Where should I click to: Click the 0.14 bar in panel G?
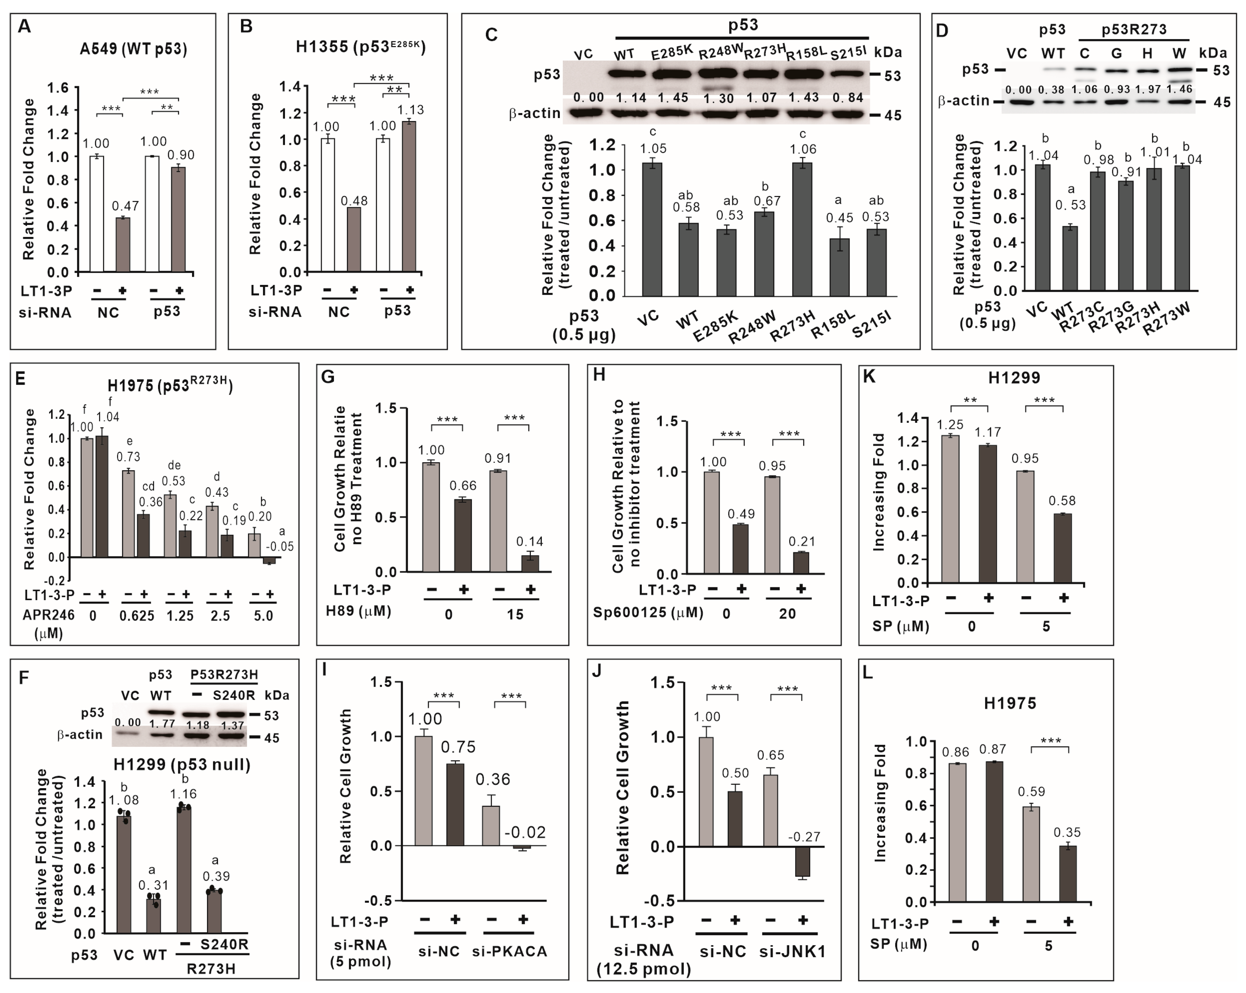point(529,563)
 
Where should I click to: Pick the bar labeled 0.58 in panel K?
point(1062,547)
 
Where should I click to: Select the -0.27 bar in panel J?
point(802,861)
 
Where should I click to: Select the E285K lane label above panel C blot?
point(671,53)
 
